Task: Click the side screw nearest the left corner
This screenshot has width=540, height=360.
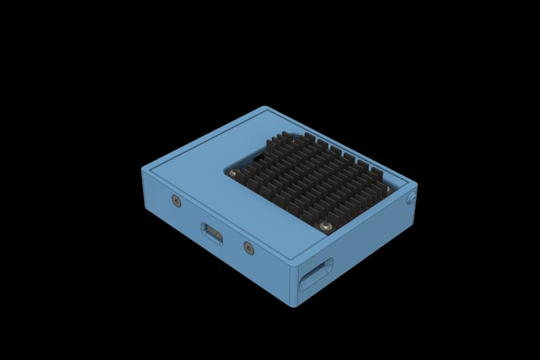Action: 175,202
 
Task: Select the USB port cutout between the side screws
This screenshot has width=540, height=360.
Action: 211,233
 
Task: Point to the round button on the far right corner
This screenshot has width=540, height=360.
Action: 412,198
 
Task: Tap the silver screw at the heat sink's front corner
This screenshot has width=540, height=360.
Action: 325,226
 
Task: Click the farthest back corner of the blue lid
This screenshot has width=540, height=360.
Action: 266,108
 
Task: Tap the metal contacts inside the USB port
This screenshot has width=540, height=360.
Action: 212,233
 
